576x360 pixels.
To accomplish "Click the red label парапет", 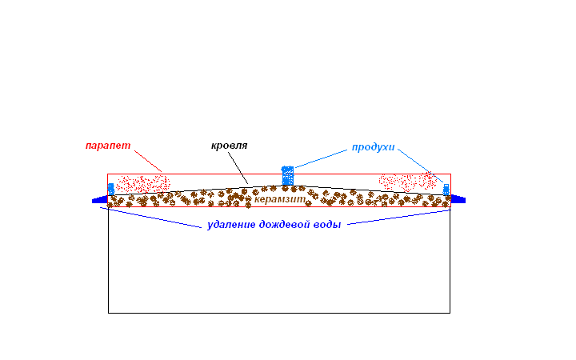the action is point(108,146).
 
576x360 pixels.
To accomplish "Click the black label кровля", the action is point(230,146).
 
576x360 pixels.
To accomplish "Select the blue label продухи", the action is point(374,147).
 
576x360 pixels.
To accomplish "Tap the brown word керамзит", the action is point(280,199).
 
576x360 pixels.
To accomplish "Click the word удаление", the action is point(231,225).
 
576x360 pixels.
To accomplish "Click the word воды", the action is point(327,225).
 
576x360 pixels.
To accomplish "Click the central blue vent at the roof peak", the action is point(288,175).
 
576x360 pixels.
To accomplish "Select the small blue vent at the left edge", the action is point(111,189).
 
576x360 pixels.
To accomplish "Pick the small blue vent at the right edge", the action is point(446,190).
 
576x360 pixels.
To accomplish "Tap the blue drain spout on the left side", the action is point(99,200).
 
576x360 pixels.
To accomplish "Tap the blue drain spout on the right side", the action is point(458,199).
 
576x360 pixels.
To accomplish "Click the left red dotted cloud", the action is point(143,184).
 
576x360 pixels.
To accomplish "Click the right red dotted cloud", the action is point(408,182).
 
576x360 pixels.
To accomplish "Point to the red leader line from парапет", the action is point(148,161).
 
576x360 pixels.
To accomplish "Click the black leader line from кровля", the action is point(238,168).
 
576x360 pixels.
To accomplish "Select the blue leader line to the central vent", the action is point(321,158).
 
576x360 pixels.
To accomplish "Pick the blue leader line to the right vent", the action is point(421,166).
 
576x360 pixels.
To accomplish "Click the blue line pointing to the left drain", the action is point(150,218).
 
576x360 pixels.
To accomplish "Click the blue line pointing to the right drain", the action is point(399,217).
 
